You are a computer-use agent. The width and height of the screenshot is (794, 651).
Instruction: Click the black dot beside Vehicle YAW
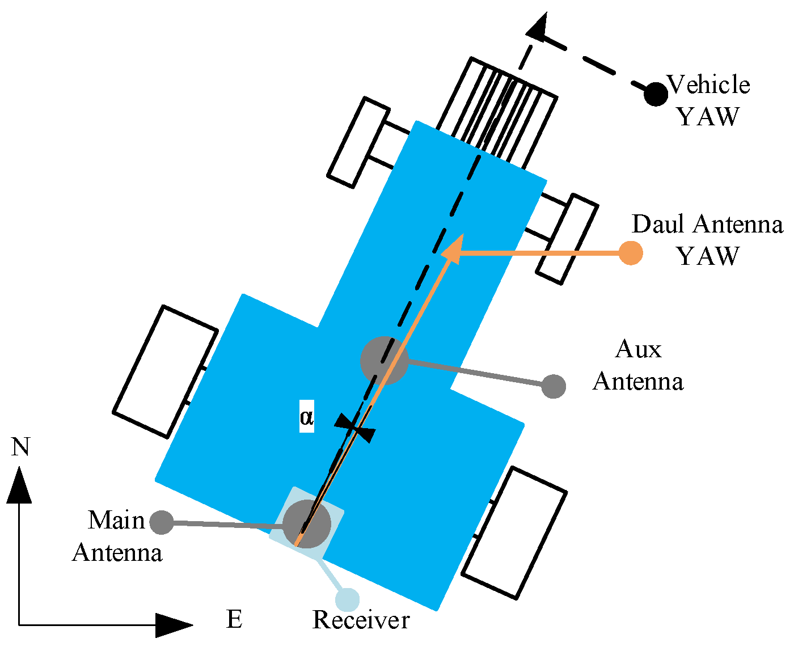[656, 94]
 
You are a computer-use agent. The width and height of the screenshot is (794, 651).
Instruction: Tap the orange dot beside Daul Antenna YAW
[630, 253]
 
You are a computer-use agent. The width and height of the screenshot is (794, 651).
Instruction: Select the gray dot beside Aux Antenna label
[554, 387]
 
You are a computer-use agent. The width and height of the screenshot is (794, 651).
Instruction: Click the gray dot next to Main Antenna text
[162, 522]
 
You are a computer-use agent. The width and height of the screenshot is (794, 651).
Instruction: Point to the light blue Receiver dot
[347, 599]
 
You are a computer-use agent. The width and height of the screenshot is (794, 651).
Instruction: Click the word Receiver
[361, 620]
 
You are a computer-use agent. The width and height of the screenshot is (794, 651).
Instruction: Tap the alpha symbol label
[306, 417]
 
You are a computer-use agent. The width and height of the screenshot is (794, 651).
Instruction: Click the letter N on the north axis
[20, 447]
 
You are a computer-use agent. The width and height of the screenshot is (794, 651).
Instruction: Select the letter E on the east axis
[234, 619]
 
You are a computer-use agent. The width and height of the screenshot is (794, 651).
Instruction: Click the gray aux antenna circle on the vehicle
[384, 360]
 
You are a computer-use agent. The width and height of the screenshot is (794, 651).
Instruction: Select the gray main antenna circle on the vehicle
[306, 524]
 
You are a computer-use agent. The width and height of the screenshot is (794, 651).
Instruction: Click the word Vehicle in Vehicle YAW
[708, 85]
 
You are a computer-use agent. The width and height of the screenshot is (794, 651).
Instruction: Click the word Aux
[638, 349]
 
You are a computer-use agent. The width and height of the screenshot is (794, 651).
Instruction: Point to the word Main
[116, 521]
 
